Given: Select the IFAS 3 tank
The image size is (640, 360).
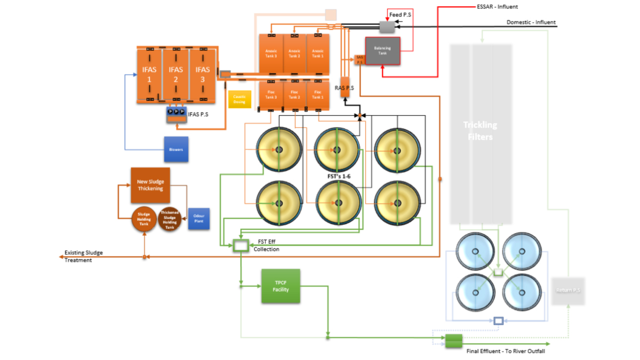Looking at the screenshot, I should [x=203, y=75].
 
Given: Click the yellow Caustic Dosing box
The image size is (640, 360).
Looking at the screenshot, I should [x=239, y=99].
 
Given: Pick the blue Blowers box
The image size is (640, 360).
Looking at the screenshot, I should [x=176, y=149].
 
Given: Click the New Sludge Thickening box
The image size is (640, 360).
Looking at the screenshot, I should [x=150, y=185].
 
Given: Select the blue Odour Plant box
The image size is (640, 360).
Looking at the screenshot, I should [x=199, y=219].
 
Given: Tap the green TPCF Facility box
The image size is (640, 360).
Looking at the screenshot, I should [x=281, y=286].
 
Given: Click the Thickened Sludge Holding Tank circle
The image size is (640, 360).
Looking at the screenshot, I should [x=170, y=219].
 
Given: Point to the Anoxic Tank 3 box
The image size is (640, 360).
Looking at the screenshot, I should [x=271, y=53].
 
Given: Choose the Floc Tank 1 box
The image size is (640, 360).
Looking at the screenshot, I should [x=318, y=95].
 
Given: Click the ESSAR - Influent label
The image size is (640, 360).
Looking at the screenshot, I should [x=497, y=7].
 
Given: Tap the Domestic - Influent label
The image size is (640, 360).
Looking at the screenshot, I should [x=531, y=22].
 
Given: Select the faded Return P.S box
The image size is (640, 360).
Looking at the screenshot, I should [x=569, y=291].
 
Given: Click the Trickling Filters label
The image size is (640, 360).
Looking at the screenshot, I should [x=480, y=131].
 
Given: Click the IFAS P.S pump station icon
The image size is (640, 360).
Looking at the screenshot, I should [x=177, y=114].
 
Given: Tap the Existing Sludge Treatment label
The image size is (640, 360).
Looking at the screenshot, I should [x=84, y=256].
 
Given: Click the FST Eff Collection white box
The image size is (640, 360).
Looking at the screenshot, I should [x=241, y=245].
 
